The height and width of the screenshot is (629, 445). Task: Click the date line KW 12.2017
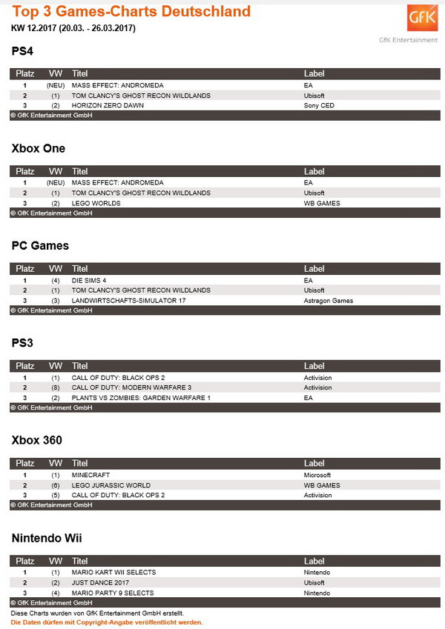click(x=73, y=28)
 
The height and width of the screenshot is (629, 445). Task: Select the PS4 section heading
click(x=23, y=51)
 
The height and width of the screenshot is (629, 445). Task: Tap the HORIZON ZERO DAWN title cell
click(x=108, y=106)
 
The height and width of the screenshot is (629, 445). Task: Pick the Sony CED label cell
click(x=319, y=106)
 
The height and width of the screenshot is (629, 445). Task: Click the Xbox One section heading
click(x=39, y=148)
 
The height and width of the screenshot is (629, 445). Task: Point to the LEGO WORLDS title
click(x=96, y=203)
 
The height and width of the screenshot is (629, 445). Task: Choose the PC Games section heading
click(x=40, y=245)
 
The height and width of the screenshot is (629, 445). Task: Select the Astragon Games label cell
click(x=329, y=301)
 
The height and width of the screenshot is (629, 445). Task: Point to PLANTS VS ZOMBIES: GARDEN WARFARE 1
click(x=141, y=398)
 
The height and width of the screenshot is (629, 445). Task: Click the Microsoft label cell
click(x=317, y=475)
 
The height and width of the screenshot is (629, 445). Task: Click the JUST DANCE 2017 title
click(x=101, y=582)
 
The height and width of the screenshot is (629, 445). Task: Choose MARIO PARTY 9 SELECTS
click(x=113, y=593)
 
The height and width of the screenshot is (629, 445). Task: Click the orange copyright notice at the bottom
click(x=107, y=622)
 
